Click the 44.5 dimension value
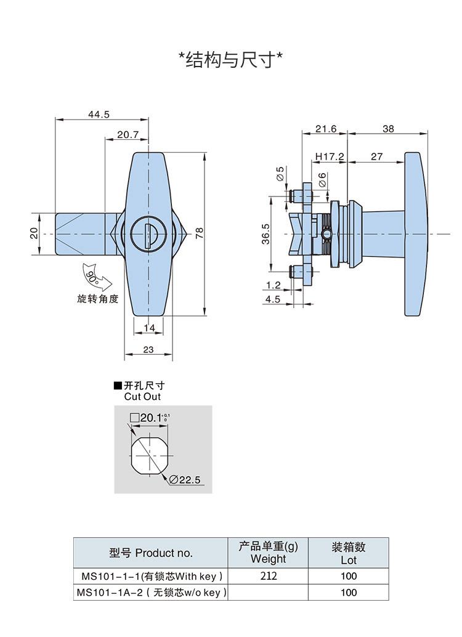tap(99, 115)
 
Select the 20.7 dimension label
tap(128, 134)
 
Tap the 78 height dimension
tap(199, 233)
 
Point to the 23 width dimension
tap(148, 349)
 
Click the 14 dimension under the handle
tap(149, 328)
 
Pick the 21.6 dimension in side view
tap(326, 129)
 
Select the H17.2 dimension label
tap(330, 156)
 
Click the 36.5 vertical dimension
tap(265, 234)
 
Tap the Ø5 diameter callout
tap(280, 174)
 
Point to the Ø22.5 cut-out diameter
tap(184, 480)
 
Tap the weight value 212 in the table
tap(269, 575)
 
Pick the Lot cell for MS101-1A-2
tap(349, 592)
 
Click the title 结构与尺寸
tap(230, 60)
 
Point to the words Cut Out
tap(142, 397)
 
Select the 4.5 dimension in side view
tap(273, 299)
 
